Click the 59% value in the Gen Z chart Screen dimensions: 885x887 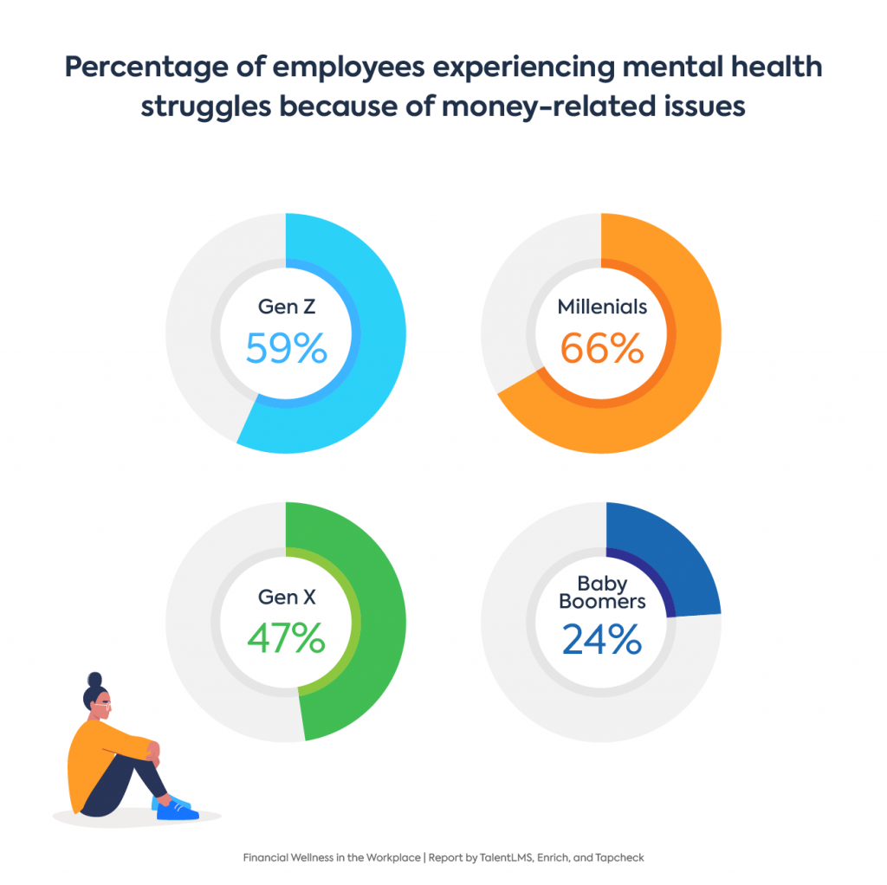[x=286, y=348]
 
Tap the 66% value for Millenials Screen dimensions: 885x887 [x=602, y=348]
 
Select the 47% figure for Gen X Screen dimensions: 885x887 [x=286, y=638]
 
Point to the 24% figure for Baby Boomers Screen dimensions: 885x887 [x=602, y=638]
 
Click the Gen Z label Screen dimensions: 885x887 [x=286, y=307]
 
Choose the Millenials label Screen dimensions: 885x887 [x=602, y=307]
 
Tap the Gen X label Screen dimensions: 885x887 [x=286, y=597]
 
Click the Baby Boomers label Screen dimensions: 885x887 [x=602, y=591]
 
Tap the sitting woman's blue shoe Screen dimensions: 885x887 [x=178, y=811]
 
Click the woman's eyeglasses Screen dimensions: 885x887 [x=105, y=706]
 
